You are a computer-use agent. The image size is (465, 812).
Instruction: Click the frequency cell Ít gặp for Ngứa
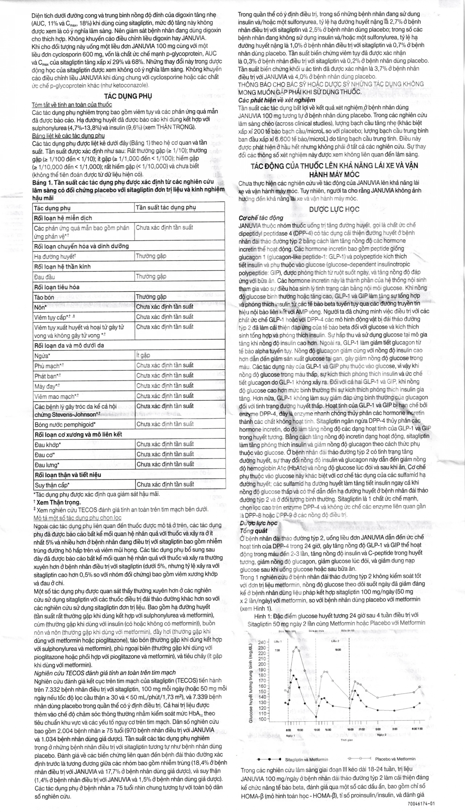click(143, 355)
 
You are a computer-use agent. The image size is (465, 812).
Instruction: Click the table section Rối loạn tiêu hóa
click(57, 287)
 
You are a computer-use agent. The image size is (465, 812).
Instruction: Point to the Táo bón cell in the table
click(44, 297)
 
